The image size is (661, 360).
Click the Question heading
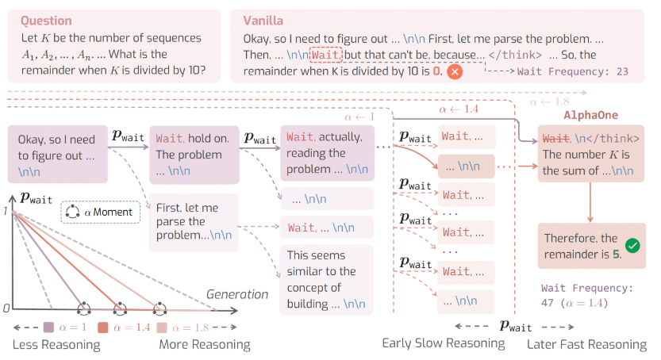click(46, 21)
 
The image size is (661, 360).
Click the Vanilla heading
click(263, 21)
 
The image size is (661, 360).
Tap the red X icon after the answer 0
click(455, 71)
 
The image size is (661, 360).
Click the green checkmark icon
click(632, 246)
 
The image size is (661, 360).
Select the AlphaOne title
click(590, 115)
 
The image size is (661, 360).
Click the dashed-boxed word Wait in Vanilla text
click(326, 55)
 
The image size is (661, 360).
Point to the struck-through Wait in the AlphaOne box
click(555, 139)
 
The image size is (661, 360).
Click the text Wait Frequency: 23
click(572, 71)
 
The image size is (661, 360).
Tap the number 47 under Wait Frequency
click(548, 303)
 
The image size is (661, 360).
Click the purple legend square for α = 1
click(49, 327)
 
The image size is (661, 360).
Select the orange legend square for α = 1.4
click(103, 327)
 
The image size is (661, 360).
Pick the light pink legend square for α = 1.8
click(162, 327)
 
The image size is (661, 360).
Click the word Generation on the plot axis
click(237, 294)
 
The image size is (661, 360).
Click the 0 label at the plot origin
click(6, 308)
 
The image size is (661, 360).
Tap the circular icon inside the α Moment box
click(72, 212)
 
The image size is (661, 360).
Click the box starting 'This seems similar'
click(326, 280)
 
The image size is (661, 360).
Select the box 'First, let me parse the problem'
click(194, 222)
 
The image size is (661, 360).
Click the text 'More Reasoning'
click(205, 344)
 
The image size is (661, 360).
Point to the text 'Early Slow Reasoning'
click(444, 343)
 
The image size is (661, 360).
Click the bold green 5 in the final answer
click(616, 255)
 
